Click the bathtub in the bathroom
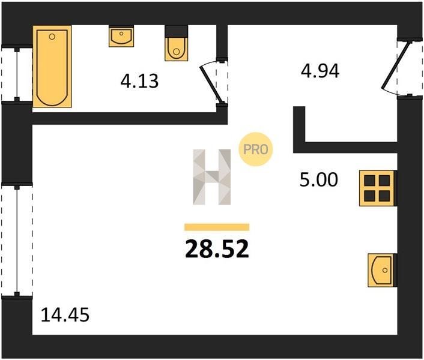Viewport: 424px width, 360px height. (52, 67)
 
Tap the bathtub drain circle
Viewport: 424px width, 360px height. (52, 37)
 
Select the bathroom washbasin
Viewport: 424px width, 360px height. (121, 36)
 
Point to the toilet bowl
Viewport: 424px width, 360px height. (177, 49)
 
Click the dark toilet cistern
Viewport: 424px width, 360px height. (177, 31)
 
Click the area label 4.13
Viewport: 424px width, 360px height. (139, 81)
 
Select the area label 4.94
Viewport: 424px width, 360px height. (320, 71)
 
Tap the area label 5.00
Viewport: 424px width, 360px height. (319, 180)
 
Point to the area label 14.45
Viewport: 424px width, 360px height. (65, 315)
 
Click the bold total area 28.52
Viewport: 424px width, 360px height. (217, 249)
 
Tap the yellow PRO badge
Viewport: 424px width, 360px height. (255, 149)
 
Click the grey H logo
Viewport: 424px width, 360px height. (212, 177)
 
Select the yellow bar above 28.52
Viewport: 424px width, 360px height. (217, 227)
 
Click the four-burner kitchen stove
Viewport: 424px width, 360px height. (378, 188)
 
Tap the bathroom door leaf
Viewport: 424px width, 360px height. (212, 84)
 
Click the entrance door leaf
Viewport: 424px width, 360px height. (396, 65)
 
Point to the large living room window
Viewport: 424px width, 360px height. (17, 241)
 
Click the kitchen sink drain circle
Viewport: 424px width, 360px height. (385, 270)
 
